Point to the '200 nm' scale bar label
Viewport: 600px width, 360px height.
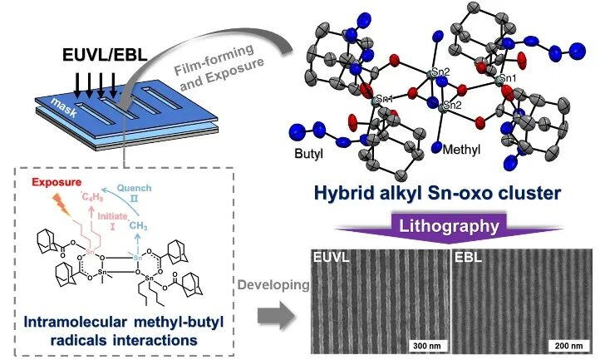566,345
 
